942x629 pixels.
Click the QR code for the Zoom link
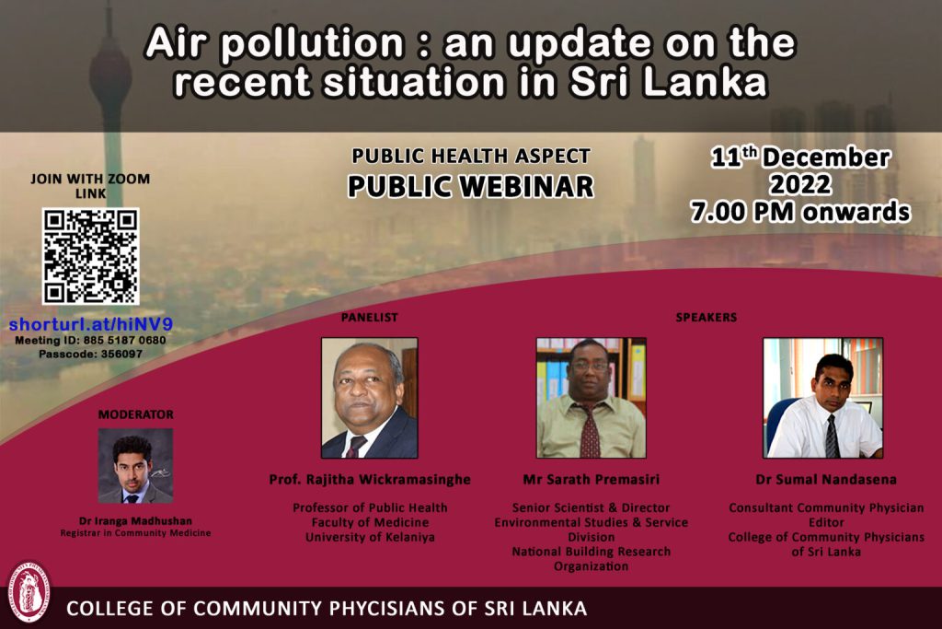click(x=91, y=256)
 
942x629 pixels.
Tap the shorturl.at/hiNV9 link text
click(x=91, y=325)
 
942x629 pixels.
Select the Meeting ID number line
click(x=90, y=341)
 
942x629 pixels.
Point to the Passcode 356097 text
click(x=91, y=355)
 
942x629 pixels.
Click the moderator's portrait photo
click(x=136, y=465)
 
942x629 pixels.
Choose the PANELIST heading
click(x=370, y=318)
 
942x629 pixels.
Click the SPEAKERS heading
click(x=706, y=318)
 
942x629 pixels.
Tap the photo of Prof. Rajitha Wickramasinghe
click(x=370, y=398)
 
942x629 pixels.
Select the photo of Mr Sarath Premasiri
click(x=592, y=398)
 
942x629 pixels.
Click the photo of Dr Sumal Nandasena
click(x=823, y=398)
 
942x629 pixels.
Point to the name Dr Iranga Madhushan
click(x=136, y=520)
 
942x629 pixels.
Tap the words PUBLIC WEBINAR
click(x=470, y=186)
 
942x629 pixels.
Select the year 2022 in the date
click(x=801, y=184)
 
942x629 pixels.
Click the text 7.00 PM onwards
click(x=800, y=212)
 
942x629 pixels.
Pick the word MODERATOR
click(x=136, y=415)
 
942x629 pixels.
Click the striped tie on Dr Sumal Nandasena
click(x=832, y=437)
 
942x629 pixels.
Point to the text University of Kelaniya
click(x=370, y=537)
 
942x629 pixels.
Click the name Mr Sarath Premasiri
click(x=592, y=479)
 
